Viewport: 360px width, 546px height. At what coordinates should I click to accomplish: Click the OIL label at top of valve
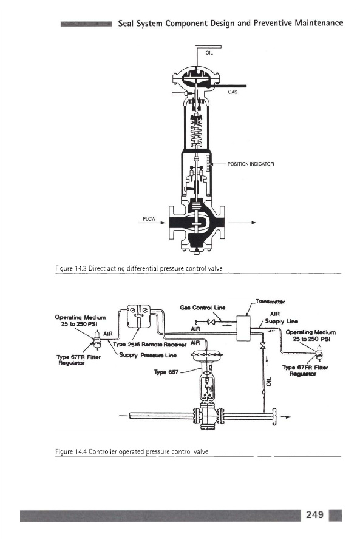coord(209,53)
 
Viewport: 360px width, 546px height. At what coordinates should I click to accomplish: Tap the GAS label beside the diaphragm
coord(233,92)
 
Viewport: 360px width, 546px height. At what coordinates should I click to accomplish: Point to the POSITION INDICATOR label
coord(251,164)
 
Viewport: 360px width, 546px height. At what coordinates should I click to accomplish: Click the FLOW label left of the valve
coord(149,218)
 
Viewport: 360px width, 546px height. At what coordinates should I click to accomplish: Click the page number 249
coord(314,514)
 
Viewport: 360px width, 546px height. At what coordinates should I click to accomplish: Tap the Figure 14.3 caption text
coord(138,268)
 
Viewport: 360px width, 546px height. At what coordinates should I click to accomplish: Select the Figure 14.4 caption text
coord(132,451)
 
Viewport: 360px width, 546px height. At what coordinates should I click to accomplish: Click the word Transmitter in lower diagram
coord(270,302)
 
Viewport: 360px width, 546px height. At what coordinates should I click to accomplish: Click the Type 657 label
coord(166,372)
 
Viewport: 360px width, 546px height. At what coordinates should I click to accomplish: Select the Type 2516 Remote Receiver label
coord(150,345)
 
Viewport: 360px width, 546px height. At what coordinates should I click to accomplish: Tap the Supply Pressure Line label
coord(148,355)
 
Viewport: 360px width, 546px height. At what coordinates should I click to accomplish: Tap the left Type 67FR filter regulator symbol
coord(97,340)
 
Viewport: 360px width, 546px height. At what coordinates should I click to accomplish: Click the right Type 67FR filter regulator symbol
coord(319,352)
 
